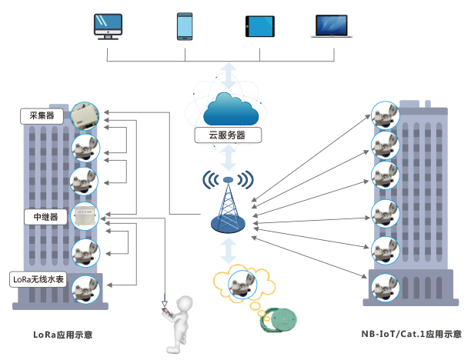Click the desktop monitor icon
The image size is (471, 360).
click(x=109, y=25)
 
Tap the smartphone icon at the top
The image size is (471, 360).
click(x=185, y=25)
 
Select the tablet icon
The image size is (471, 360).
click(x=259, y=26)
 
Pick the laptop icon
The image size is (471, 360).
click(x=333, y=25)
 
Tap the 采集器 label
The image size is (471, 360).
click(x=42, y=116)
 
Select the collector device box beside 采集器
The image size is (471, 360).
click(x=84, y=117)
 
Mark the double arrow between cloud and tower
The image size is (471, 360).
click(x=229, y=158)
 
